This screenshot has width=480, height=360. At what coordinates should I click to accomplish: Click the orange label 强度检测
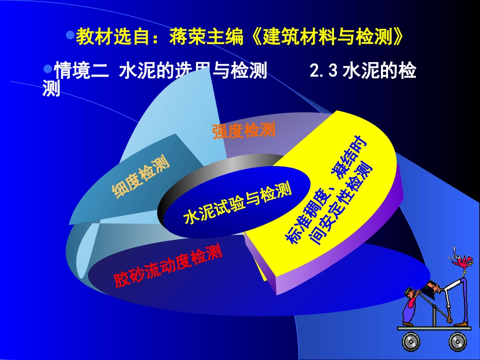coord(244,131)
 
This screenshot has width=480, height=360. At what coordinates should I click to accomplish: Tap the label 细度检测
coord(140,177)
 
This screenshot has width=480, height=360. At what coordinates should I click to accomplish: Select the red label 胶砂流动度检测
coord(168,266)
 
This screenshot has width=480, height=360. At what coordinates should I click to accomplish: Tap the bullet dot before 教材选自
coord(71,36)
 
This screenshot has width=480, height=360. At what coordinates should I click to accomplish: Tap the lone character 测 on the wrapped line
coord(52,89)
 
